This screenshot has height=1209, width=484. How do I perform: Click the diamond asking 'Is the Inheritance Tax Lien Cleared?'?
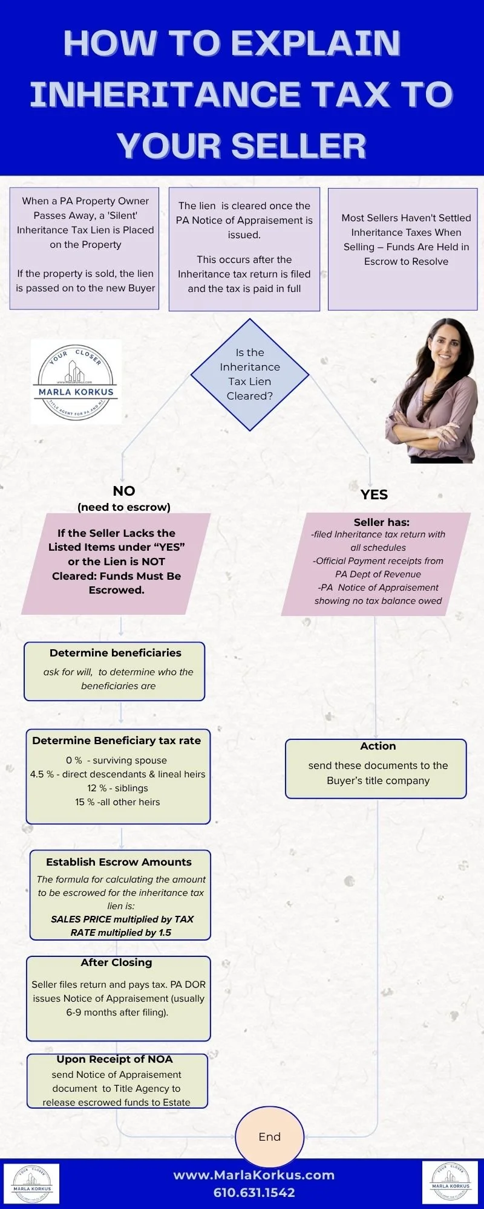250,374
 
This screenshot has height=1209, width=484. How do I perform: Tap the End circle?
269,1136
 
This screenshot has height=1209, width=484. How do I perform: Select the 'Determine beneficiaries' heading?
116,653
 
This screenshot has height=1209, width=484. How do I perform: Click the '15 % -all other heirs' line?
117,802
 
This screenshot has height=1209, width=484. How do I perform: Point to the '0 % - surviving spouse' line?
117,760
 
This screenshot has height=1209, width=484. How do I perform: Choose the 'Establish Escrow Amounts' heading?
119,862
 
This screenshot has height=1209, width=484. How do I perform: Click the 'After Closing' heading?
117,962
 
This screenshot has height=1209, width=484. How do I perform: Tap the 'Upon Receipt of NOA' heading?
115,1059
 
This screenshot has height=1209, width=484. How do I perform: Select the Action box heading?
378,746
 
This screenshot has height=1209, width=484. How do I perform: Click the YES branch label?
374,494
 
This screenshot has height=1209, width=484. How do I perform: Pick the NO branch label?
124,491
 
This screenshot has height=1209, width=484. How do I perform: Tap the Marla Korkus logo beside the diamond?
76,381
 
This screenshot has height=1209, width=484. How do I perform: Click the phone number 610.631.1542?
254,1193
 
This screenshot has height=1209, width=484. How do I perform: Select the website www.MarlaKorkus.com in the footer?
254,1175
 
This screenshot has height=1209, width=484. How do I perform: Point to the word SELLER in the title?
299,146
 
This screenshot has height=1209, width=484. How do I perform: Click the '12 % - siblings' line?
117,788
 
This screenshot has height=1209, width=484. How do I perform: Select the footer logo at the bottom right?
451,1183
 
